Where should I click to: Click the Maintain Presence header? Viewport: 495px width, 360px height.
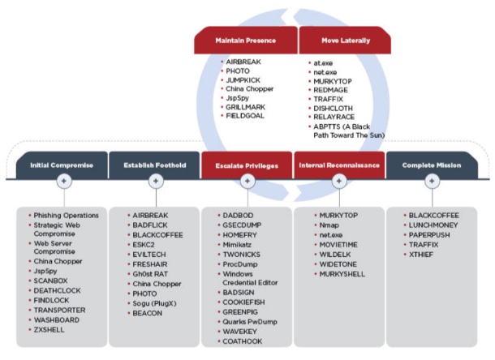(246, 40)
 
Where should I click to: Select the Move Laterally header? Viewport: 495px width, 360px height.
(344, 40)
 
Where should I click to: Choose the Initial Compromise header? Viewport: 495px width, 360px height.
(62, 165)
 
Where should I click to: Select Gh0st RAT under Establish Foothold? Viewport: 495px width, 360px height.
(150, 274)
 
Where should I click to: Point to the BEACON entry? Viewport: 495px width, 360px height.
(147, 313)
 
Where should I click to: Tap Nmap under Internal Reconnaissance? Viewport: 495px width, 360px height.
(329, 225)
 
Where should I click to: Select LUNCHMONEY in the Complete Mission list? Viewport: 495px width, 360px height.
(436, 225)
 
